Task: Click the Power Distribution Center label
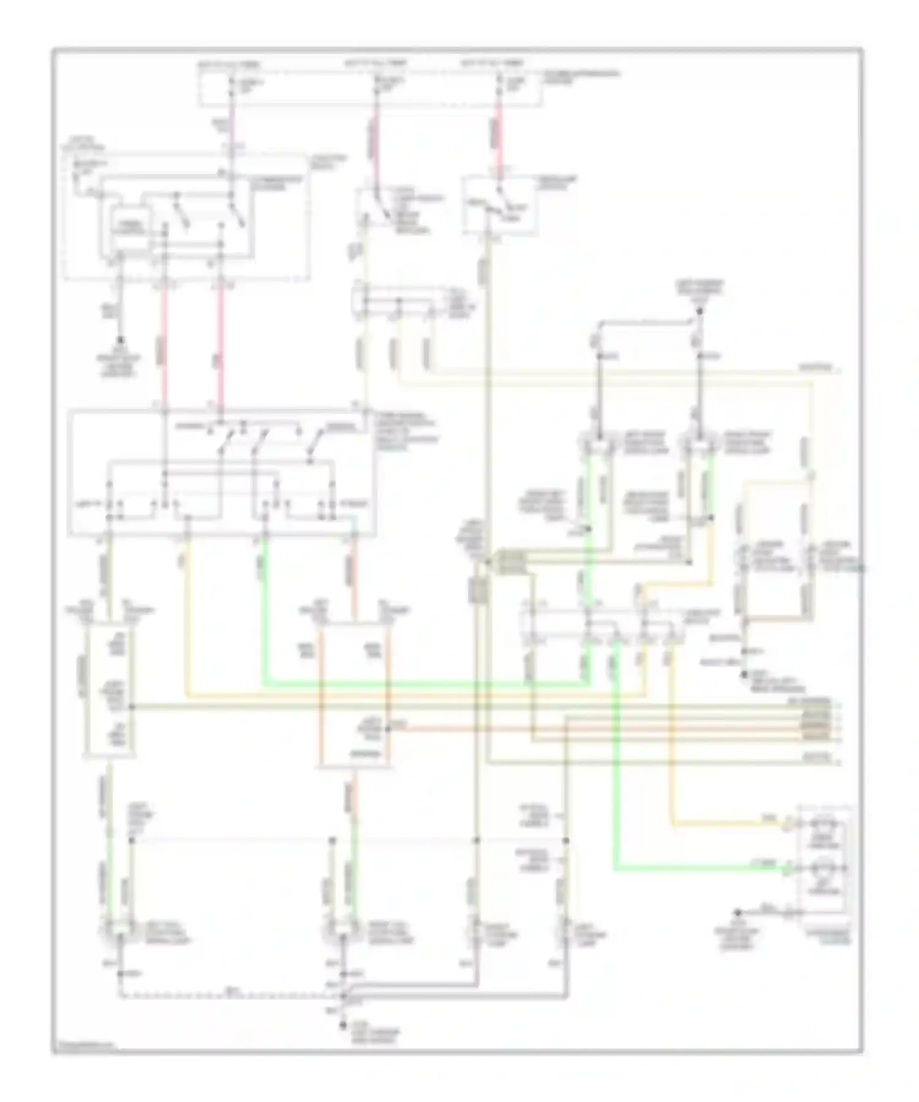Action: (x=579, y=76)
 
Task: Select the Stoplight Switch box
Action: (x=500, y=205)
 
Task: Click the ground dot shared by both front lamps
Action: (x=698, y=318)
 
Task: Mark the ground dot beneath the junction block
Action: (x=121, y=339)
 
